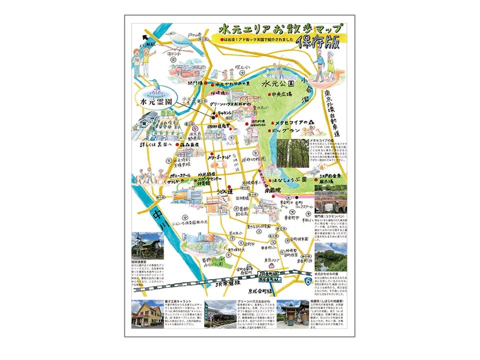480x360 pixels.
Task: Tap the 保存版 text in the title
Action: pos(318,43)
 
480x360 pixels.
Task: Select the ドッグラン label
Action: pos(286,130)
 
